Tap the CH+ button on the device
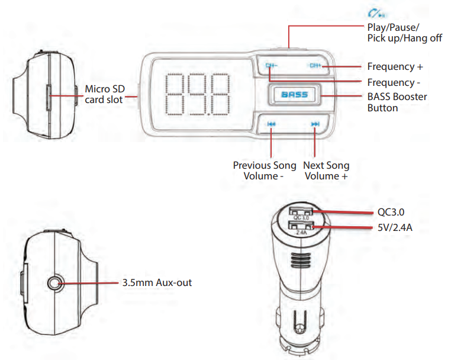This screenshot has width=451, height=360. coord(314,66)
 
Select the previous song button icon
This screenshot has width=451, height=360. coord(271,124)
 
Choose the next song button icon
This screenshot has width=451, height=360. coord(315,124)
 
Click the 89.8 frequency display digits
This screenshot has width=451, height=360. coord(198,94)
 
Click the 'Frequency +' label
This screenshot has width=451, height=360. coord(395,66)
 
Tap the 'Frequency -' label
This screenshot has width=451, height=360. coord(394,82)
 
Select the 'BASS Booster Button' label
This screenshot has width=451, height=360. coord(397,102)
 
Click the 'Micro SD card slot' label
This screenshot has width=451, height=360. coord(104,94)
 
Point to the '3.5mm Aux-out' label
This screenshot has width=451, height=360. coord(157,283)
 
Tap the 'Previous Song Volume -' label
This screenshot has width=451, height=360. coord(264,171)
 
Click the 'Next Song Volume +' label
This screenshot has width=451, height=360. coord(326,171)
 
